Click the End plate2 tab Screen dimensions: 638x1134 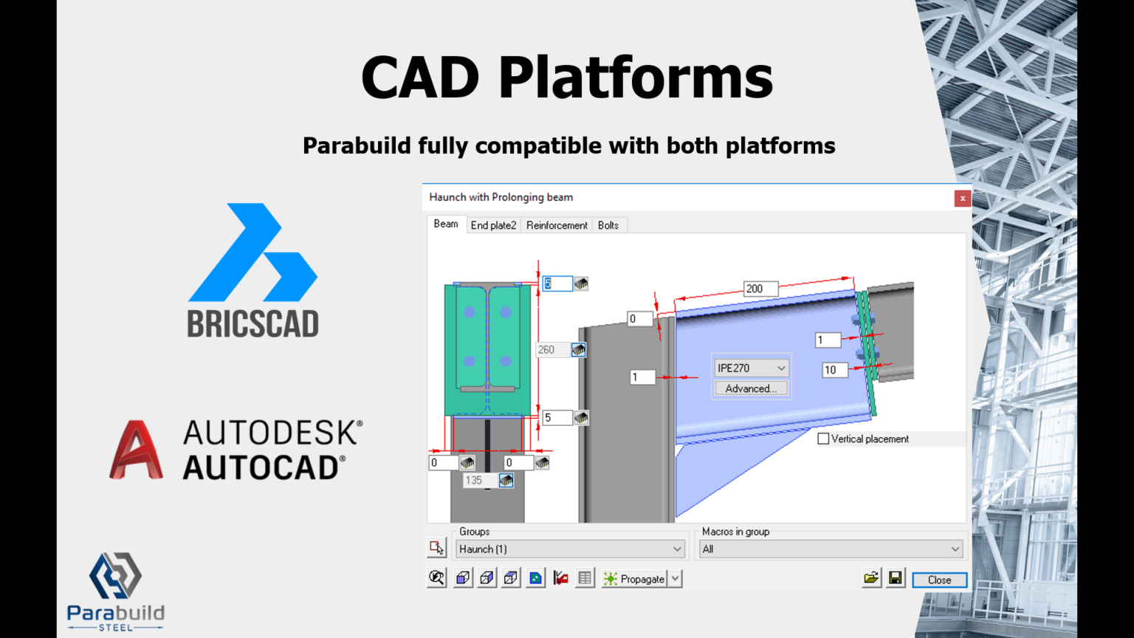pyautogui.click(x=493, y=225)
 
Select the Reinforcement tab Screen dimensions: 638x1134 pyautogui.click(x=557, y=225)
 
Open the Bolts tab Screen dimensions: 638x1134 pyautogui.click(x=608, y=225)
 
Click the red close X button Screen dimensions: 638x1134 pyautogui.click(x=962, y=198)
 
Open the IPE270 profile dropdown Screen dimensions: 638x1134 pyautogui.click(x=751, y=368)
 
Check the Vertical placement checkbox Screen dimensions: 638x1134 pyautogui.click(x=823, y=439)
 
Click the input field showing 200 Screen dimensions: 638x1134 pyautogui.click(x=760, y=289)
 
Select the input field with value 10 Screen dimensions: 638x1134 pyautogui.click(x=834, y=370)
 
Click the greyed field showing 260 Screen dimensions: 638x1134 pyautogui.click(x=551, y=350)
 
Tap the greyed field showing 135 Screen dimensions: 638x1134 pyautogui.click(x=479, y=480)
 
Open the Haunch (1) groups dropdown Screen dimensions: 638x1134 pyautogui.click(x=570, y=549)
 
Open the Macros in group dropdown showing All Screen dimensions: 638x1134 pyautogui.click(x=831, y=549)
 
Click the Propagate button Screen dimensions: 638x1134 pyautogui.click(x=634, y=579)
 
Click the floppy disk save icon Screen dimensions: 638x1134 pyautogui.click(x=896, y=578)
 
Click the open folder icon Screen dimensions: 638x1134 pyautogui.click(x=871, y=578)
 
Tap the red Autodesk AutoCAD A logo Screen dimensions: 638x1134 pyautogui.click(x=136, y=450)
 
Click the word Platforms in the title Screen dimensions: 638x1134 pyautogui.click(x=636, y=78)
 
